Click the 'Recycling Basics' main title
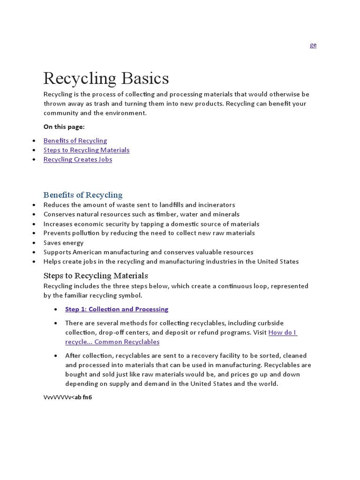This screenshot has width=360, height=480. click(x=106, y=78)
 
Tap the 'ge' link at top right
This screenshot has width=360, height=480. click(x=313, y=45)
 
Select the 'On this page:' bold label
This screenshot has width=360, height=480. click(x=64, y=127)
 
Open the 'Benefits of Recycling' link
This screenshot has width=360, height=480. click(x=75, y=141)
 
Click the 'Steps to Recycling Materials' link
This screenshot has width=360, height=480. click(x=86, y=150)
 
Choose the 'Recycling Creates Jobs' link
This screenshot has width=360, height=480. click(x=78, y=159)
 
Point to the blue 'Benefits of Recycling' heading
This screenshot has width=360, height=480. click(x=83, y=195)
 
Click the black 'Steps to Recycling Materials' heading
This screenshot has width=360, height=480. click(x=96, y=275)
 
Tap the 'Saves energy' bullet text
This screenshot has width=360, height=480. click(x=63, y=243)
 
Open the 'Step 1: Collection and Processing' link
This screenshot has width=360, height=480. click(x=117, y=309)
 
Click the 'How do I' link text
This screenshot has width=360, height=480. click(x=283, y=332)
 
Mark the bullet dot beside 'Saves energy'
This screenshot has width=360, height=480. click(x=34, y=243)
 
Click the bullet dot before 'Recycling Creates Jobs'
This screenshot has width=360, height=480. click(x=34, y=159)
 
